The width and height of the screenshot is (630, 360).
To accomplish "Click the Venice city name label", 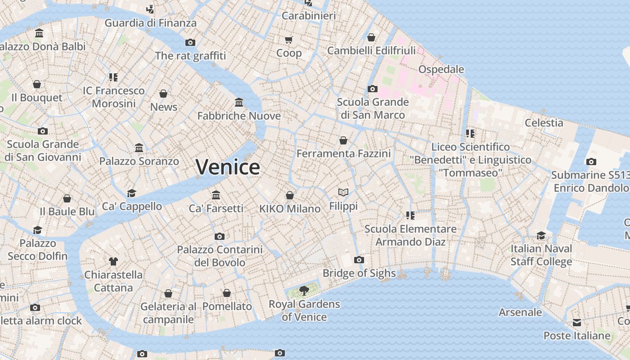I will pyautogui.click(x=228, y=167).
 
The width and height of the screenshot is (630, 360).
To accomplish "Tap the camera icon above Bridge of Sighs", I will pyautogui.click(x=359, y=260).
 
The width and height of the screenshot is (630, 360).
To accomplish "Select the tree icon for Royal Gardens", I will pyautogui.click(x=304, y=290).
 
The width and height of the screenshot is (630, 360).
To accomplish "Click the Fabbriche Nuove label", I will pyautogui.click(x=239, y=116).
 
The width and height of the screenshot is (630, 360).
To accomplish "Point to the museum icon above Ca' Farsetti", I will pyautogui.click(x=216, y=195).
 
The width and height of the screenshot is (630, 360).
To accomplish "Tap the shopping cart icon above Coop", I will pyautogui.click(x=289, y=40).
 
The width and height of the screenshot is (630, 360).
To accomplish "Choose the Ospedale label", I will pyautogui.click(x=441, y=69).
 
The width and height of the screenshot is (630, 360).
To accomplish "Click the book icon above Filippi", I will pyautogui.click(x=343, y=193).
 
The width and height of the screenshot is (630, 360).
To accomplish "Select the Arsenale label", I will pyautogui.click(x=520, y=312).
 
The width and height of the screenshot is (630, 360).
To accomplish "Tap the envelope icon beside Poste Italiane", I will pyautogui.click(x=577, y=323).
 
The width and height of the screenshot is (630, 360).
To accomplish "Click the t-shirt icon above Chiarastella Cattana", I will pyautogui.click(x=113, y=261).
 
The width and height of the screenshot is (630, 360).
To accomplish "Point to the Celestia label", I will pyautogui.click(x=544, y=122).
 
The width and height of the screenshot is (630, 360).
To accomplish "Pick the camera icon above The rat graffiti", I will pyautogui.click(x=190, y=42).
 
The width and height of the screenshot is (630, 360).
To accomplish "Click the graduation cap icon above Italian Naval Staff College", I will pyautogui.click(x=541, y=235).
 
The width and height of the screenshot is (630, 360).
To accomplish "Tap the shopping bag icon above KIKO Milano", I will pyautogui.click(x=290, y=195).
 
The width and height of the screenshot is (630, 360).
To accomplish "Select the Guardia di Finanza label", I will pyautogui.click(x=150, y=23).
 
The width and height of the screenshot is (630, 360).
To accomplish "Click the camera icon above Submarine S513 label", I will pyautogui.click(x=591, y=162).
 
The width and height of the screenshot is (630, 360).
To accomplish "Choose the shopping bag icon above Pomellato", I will pyautogui.click(x=227, y=293).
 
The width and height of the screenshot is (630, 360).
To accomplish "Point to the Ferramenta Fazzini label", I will pyautogui.click(x=343, y=153).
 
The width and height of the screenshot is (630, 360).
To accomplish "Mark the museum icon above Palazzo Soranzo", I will pyautogui.click(x=139, y=148).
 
